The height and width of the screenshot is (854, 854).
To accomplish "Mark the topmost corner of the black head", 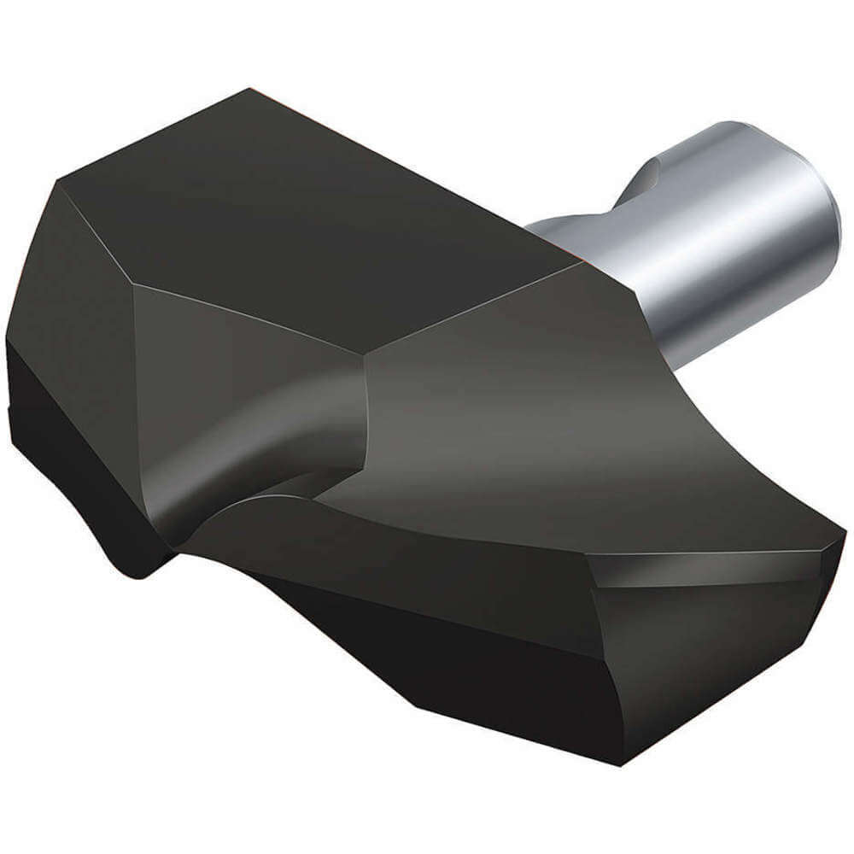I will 249,89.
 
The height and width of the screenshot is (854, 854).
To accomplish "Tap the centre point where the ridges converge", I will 366,359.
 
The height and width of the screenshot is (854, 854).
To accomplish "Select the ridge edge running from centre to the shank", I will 478,307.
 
